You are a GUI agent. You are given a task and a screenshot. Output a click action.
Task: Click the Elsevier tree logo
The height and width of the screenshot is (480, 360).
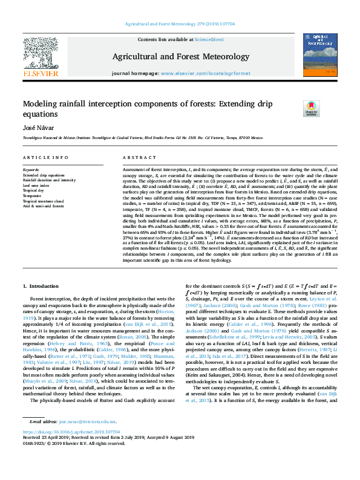(x=41, y=53)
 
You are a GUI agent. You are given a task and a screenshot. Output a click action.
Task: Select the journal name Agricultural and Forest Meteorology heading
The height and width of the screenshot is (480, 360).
(x=180, y=57)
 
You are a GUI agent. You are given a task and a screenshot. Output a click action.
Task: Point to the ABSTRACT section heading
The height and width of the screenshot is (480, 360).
(x=136, y=158)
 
